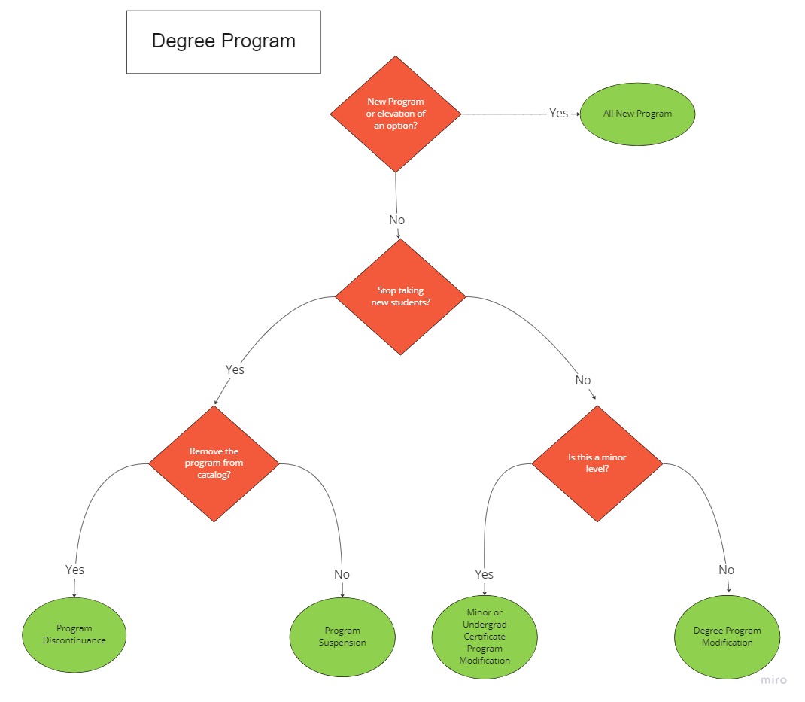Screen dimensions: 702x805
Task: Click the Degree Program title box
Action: tap(223, 41)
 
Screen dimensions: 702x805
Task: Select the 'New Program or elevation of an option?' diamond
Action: tap(396, 114)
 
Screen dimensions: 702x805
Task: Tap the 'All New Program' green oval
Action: tap(637, 114)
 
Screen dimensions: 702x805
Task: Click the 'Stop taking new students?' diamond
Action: tap(400, 296)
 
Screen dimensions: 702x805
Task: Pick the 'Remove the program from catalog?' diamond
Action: tap(214, 463)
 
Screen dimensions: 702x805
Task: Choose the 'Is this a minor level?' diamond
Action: tap(597, 463)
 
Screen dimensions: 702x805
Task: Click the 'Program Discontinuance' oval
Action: tap(74, 634)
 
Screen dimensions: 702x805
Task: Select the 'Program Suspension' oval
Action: tap(342, 637)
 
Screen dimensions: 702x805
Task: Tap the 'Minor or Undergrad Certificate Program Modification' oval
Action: tap(485, 637)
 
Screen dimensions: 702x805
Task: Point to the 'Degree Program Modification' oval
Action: tap(728, 637)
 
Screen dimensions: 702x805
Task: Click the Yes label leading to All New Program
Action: tap(558, 113)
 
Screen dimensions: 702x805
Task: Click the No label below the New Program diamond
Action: tap(396, 220)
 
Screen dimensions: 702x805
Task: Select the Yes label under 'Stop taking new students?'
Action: tap(235, 369)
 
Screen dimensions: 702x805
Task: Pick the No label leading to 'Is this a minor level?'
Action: tap(583, 380)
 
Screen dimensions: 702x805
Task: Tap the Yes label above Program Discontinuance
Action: tap(74, 570)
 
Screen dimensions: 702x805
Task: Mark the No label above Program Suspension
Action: tap(342, 574)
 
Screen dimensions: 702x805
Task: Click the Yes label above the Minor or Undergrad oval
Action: tap(484, 574)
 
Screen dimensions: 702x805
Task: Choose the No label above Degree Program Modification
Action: tap(726, 570)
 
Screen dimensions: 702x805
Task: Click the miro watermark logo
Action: tap(773, 680)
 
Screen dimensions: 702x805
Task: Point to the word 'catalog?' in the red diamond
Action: tap(214, 476)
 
